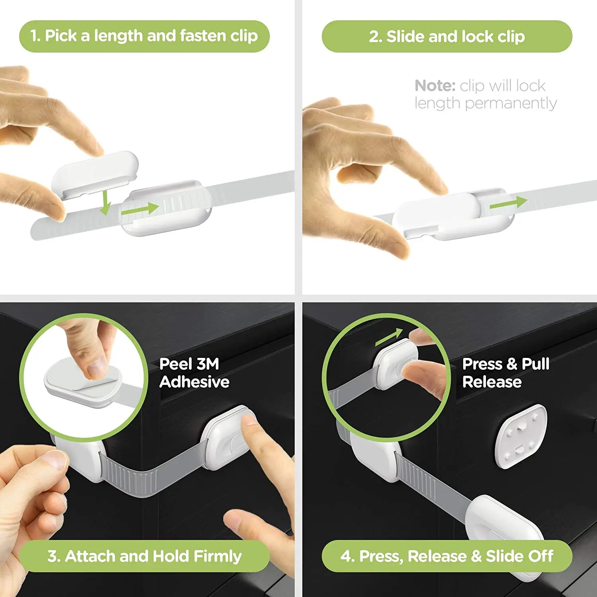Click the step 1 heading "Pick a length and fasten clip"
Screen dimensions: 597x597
[144, 36]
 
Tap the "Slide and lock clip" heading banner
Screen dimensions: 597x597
[447, 37]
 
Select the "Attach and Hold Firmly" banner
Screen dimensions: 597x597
[144, 556]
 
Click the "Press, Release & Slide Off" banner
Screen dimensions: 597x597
[447, 556]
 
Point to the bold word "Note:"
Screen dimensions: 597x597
[435, 86]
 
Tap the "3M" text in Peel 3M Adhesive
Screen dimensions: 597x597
[208, 364]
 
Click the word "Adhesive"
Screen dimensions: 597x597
[194, 382]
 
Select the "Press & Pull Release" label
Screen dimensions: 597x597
[505, 373]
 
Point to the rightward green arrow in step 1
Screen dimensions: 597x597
[140, 209]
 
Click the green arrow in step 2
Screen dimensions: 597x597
[508, 203]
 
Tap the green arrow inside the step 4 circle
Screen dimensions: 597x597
[389, 337]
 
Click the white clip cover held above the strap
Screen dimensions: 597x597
[96, 172]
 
